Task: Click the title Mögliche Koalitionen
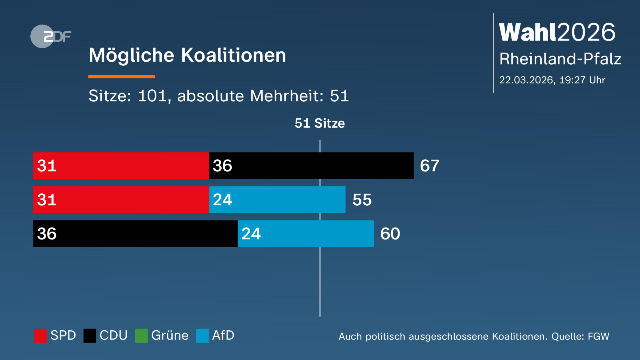click(187, 55)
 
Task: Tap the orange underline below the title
click(122, 77)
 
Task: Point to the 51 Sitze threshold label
click(319, 123)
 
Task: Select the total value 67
click(429, 166)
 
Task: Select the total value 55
click(362, 200)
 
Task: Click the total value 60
click(390, 234)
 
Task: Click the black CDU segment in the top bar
click(311, 166)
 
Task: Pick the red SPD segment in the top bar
click(121, 166)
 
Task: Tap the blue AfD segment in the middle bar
click(277, 200)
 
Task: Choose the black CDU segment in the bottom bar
click(135, 234)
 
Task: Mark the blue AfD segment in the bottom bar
click(306, 234)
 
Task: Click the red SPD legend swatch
click(41, 335)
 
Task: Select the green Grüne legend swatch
click(141, 335)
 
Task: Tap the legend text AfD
click(223, 335)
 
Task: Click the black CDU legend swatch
click(90, 335)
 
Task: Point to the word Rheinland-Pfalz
click(560, 59)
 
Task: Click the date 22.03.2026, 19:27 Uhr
click(552, 80)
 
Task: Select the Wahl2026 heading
click(557, 32)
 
